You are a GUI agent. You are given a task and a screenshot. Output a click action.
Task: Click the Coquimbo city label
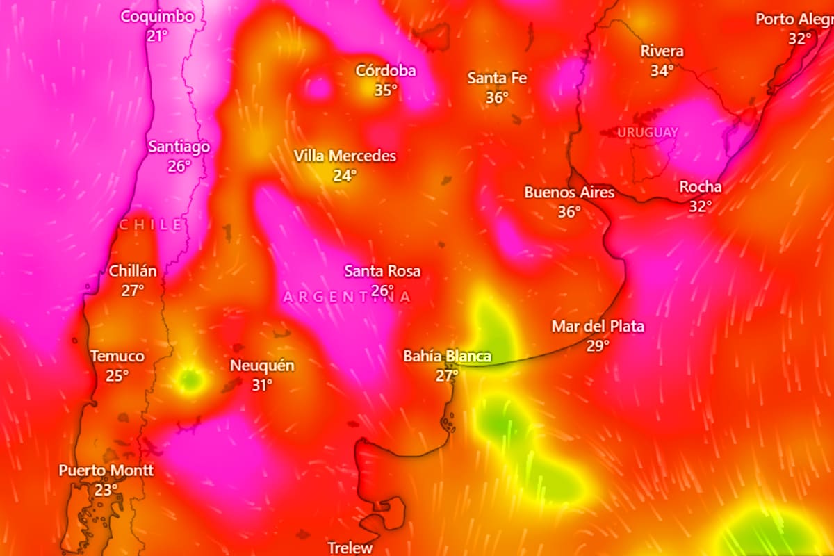tap(157, 17)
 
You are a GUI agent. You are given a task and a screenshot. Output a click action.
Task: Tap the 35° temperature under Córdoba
tap(386, 90)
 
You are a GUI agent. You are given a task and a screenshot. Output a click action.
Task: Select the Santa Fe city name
tap(497, 78)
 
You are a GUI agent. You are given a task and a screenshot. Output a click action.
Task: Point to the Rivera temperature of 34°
tap(662, 70)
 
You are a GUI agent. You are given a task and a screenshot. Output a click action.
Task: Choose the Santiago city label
tap(179, 147)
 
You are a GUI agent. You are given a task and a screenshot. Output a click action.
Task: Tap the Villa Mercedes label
tap(345, 156)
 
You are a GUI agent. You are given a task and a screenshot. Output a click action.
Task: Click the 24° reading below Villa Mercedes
tap(344, 175)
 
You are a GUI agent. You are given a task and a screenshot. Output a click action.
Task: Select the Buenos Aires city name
tap(569, 193)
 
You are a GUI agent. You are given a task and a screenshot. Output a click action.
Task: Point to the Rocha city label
tap(700, 187)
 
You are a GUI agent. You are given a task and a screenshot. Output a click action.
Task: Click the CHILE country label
tap(152, 224)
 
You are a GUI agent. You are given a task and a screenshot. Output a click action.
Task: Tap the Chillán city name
tap(133, 271)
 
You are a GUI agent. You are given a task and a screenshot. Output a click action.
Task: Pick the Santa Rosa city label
tap(382, 271)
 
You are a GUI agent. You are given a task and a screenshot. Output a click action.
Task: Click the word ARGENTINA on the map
tap(347, 297)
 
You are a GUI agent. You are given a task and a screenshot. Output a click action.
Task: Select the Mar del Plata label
tap(598, 326)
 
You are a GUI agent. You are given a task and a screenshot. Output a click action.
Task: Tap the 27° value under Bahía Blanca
tap(447, 375)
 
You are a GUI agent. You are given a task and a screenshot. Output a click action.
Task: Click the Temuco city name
tap(117, 357)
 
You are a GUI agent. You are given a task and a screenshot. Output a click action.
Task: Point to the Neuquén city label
tap(262, 366)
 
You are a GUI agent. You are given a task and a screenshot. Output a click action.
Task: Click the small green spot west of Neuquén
tap(189, 379)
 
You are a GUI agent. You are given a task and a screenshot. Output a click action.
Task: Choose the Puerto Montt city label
tap(106, 471)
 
